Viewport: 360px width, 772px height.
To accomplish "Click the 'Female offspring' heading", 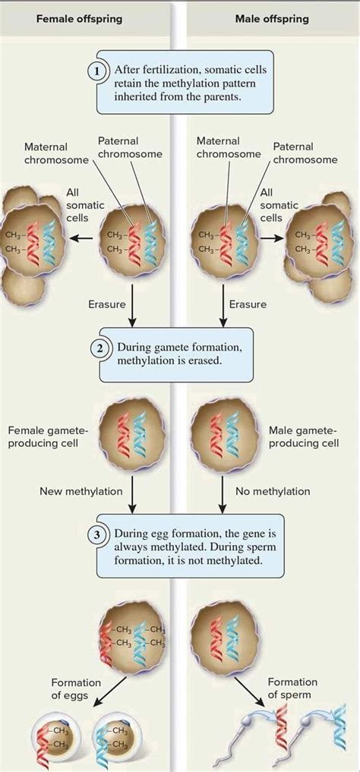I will coord(80,18).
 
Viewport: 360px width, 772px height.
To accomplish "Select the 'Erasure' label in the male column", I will coord(248,304).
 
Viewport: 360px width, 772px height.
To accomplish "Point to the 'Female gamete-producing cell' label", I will coord(48,437).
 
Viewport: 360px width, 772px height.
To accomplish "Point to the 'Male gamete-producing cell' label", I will coord(304,437).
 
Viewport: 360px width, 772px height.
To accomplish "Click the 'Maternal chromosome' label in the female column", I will coord(46,153).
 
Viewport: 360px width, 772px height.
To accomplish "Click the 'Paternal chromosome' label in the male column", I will coord(305,153).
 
